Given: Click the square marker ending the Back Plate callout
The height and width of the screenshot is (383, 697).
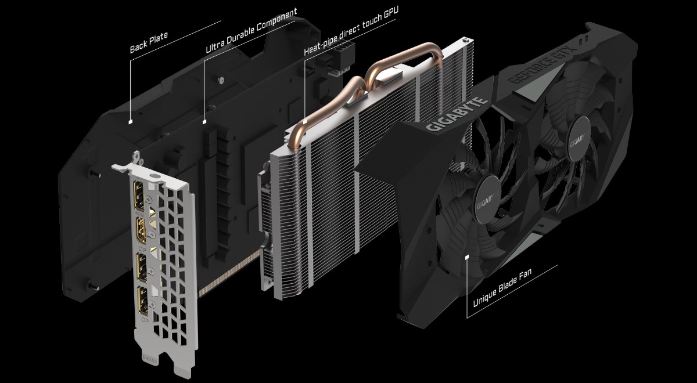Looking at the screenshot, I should click(131, 122).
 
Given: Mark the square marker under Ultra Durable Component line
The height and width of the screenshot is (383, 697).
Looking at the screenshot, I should click(204, 122).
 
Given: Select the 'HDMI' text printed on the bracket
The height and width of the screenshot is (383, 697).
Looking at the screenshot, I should click(140, 213).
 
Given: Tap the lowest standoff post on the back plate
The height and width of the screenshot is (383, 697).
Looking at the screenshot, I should click(92, 286).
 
